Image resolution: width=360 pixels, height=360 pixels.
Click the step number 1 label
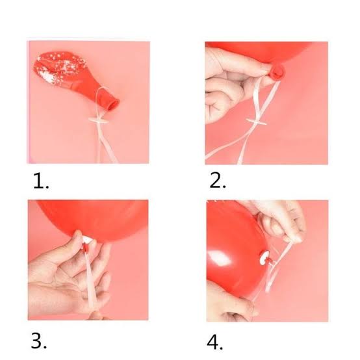(x=41, y=181)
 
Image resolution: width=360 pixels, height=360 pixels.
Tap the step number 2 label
(x=218, y=181)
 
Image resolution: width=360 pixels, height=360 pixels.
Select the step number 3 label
(x=39, y=341)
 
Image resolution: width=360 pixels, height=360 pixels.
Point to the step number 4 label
(x=214, y=342)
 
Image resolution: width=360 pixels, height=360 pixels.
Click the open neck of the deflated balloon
(x=114, y=104)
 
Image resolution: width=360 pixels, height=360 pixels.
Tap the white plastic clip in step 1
(x=99, y=120)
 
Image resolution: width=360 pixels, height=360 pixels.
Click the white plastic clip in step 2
(x=256, y=122)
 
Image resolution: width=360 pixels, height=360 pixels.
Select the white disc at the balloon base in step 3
(x=88, y=240)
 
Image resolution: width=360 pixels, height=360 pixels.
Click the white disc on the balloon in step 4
(x=264, y=257)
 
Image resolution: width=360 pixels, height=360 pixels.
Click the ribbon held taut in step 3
(x=91, y=280)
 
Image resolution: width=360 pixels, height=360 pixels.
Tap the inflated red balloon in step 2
(x=264, y=51)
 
